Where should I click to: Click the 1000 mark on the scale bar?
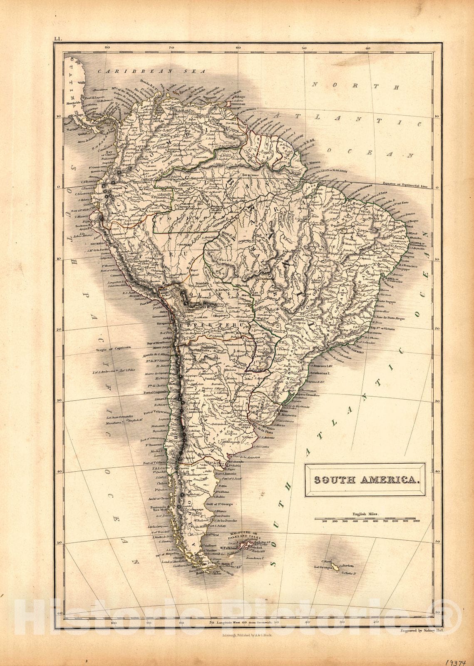[x=415, y=521]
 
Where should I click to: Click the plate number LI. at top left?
[x=57, y=39]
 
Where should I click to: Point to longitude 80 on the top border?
[x=107, y=48]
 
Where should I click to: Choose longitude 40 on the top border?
[x=368, y=48]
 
